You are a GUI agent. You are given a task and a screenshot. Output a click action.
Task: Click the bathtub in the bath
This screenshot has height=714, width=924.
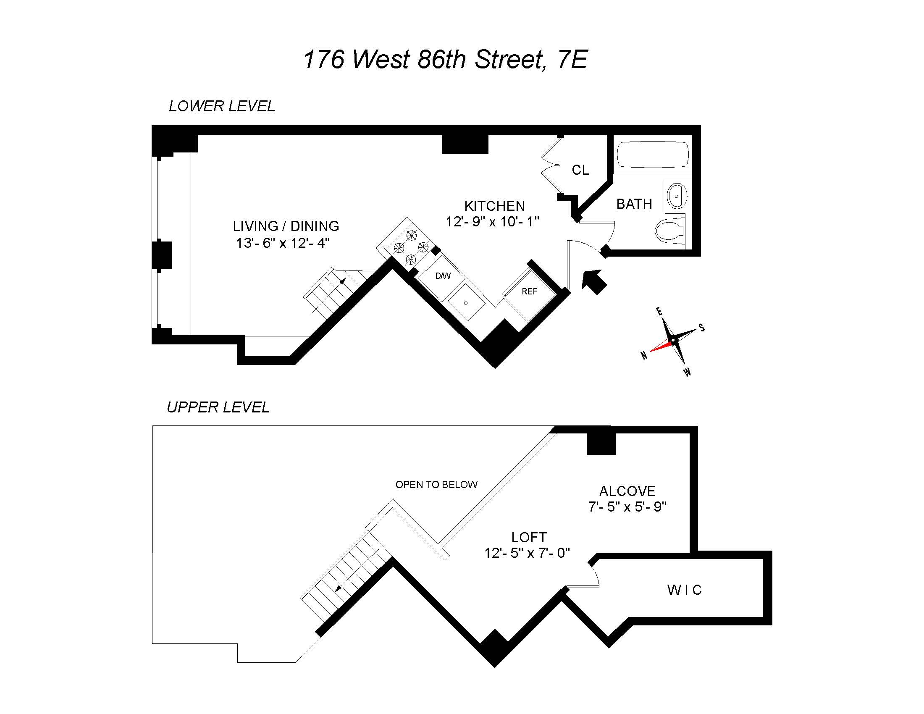click(652, 155)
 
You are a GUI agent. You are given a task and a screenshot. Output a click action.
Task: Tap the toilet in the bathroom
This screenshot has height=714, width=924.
click(669, 230)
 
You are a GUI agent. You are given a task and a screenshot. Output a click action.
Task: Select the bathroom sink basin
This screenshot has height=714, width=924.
click(677, 196)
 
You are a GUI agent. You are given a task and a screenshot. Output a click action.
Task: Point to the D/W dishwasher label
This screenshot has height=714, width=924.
click(443, 276)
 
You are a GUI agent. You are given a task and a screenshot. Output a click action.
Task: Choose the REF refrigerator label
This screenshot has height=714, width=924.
click(529, 291)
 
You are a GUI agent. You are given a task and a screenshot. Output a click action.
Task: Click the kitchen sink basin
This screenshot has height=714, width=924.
click(466, 302)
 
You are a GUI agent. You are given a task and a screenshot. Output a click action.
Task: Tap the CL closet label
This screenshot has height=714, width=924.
click(580, 170)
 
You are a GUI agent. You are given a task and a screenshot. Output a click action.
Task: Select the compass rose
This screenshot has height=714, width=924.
click(673, 340)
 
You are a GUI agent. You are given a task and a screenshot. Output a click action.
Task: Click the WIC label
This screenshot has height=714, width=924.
click(685, 590)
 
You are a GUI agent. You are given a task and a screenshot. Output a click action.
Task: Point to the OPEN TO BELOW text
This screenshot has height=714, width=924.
click(436, 485)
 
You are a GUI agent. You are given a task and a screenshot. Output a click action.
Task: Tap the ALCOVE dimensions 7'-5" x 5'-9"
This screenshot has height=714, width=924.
click(627, 507)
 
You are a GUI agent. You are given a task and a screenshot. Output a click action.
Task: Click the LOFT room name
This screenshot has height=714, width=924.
click(529, 538)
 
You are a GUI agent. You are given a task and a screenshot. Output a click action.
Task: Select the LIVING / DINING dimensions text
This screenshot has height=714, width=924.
click(283, 243)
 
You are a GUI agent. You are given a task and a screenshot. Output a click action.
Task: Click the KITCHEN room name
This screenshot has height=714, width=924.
click(494, 206)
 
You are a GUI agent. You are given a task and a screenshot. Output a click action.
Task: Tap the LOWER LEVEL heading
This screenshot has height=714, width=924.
click(222, 106)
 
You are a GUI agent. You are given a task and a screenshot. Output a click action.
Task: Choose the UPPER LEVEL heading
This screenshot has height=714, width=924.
click(218, 407)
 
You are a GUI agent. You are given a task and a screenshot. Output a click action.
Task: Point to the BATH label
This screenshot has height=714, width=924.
click(634, 204)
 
